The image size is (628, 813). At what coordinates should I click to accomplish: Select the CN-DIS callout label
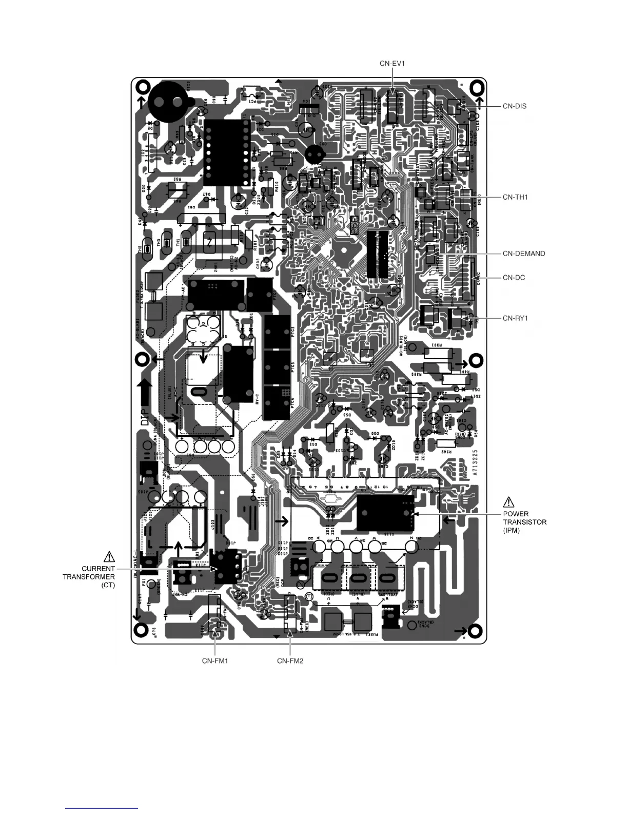[x=515, y=107]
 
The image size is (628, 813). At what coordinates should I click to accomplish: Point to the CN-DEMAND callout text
[x=523, y=254]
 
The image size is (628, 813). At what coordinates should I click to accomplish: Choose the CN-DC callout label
[x=513, y=278]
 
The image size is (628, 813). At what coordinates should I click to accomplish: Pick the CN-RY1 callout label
[x=515, y=318]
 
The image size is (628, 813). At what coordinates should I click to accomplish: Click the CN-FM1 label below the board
[x=214, y=661]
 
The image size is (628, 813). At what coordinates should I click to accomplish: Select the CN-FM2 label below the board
[x=290, y=661]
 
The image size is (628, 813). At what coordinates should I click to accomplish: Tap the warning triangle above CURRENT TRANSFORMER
[x=109, y=556]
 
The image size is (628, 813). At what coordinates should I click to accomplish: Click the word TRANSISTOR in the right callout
[x=524, y=522]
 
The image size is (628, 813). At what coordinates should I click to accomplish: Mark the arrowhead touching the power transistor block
[x=417, y=513]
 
